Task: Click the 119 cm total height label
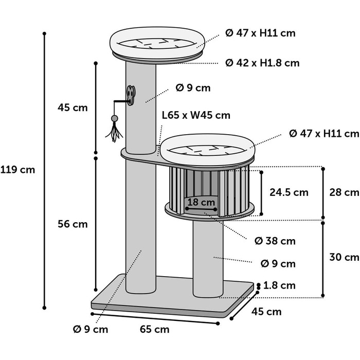tap(17, 170)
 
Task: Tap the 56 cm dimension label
tap(73, 224)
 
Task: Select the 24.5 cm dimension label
tap(289, 192)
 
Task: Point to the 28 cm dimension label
tap(344, 192)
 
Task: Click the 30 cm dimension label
tap(344, 257)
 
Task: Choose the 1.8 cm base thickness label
tap(279, 285)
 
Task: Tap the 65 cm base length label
tap(154, 330)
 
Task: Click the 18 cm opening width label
tap(201, 203)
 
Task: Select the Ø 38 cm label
tap(275, 241)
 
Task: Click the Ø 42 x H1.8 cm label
tap(262, 63)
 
